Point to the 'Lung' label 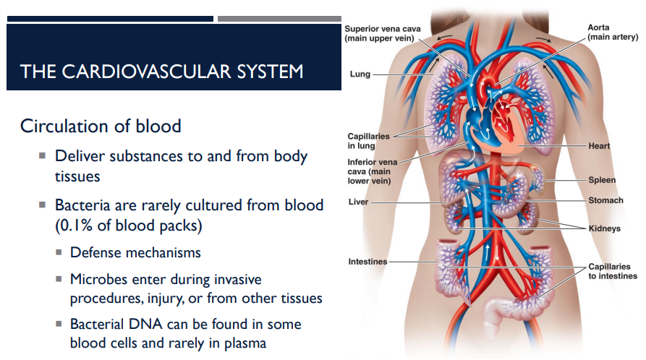point(360,74)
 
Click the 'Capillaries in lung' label point(368,140)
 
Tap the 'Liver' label point(358,202)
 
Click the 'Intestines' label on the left point(367,261)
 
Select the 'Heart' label point(599,146)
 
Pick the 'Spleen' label point(602,180)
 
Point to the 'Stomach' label point(605,200)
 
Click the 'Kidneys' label point(604,228)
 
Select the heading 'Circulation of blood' point(101,126)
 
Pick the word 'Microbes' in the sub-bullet point(98,279)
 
